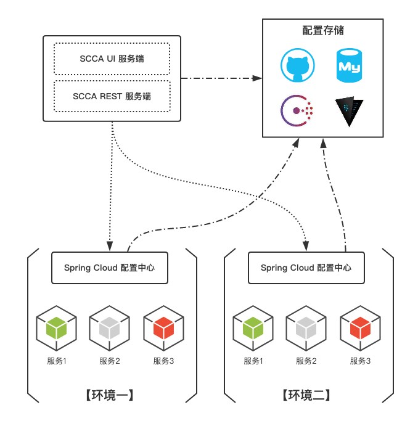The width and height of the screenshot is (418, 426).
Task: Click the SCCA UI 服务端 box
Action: point(112,59)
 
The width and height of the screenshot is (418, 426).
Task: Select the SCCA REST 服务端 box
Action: point(112,96)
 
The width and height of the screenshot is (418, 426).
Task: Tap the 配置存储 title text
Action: point(323,31)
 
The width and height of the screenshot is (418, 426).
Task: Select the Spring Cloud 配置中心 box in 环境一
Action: point(110,268)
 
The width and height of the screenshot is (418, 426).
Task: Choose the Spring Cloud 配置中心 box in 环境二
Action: point(306,268)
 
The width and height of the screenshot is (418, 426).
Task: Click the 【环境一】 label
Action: point(110,395)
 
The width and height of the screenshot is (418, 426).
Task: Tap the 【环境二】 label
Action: point(306,395)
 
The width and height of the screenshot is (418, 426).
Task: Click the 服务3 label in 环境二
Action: point(360,361)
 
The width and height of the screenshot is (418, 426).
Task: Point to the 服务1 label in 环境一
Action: point(56,361)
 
